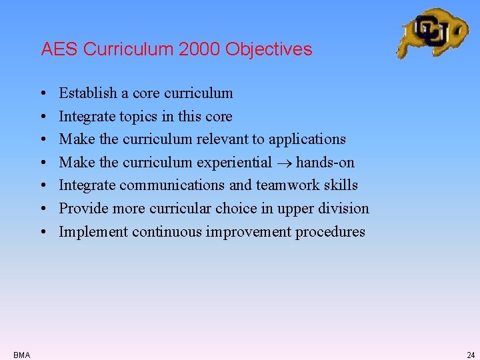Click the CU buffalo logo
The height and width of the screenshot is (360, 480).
(432, 32)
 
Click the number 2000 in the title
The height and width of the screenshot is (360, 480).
(201, 49)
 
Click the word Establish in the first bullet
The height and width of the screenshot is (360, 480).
(85, 93)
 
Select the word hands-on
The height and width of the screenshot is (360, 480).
(325, 163)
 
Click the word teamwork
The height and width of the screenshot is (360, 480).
(285, 185)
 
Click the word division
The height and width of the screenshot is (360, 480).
(343, 209)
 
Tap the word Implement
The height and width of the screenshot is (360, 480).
(93, 232)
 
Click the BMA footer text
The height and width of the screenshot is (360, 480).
(21, 355)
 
